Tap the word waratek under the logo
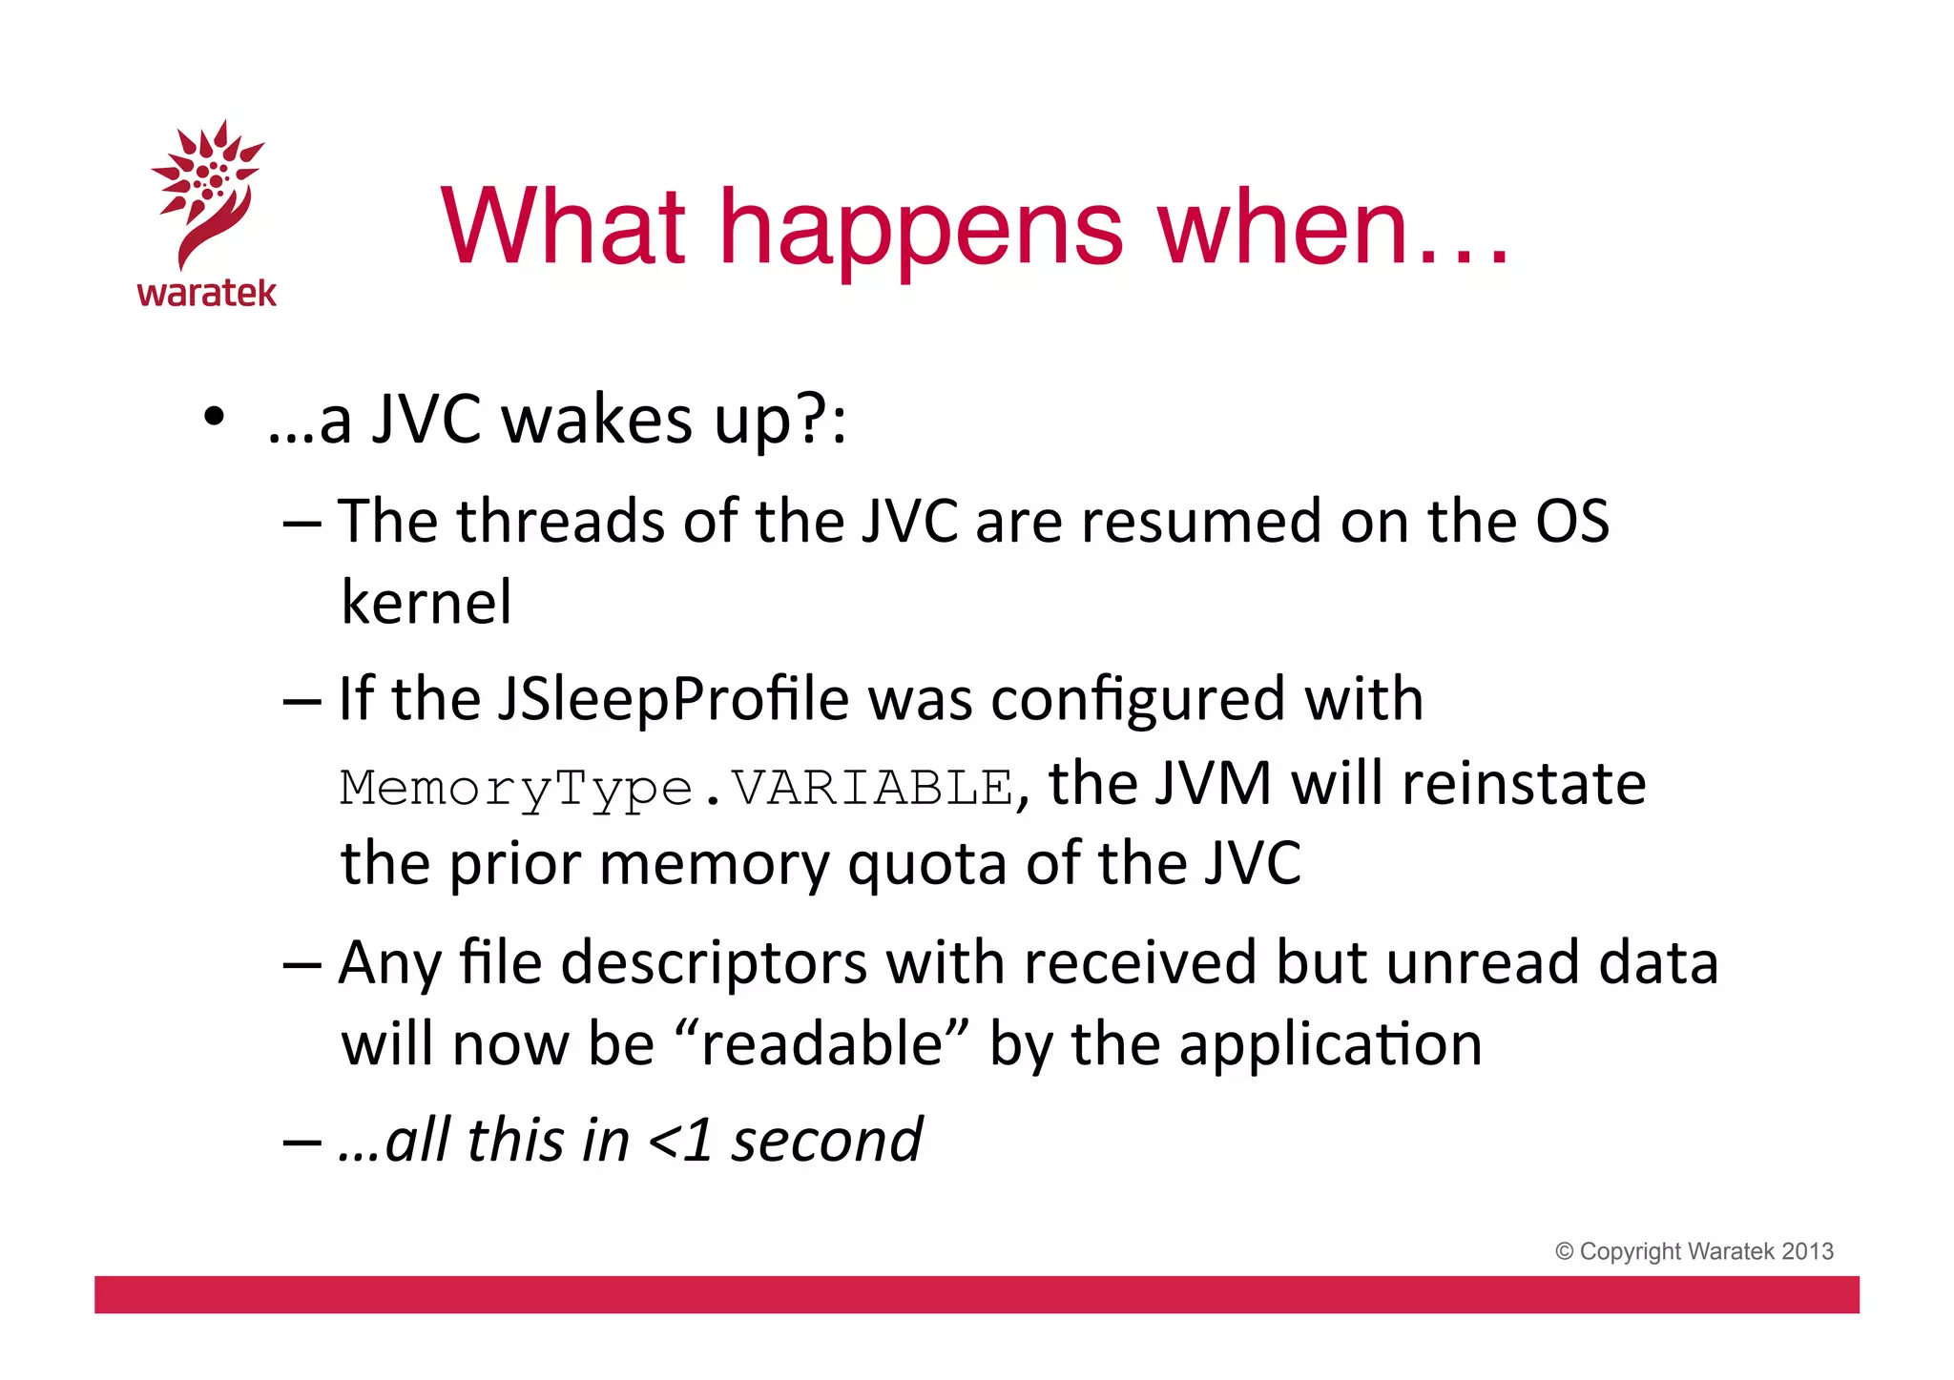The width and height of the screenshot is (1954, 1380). point(207,293)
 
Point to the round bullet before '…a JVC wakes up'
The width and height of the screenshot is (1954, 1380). point(215,417)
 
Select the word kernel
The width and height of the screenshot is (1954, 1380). point(426,603)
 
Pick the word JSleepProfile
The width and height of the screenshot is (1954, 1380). point(673,699)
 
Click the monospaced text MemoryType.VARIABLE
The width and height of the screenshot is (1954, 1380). point(676,789)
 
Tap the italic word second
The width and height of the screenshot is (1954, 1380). point(827,1141)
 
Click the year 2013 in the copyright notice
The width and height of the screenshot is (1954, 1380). point(1808,1251)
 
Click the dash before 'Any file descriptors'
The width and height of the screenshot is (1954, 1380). point(302,964)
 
